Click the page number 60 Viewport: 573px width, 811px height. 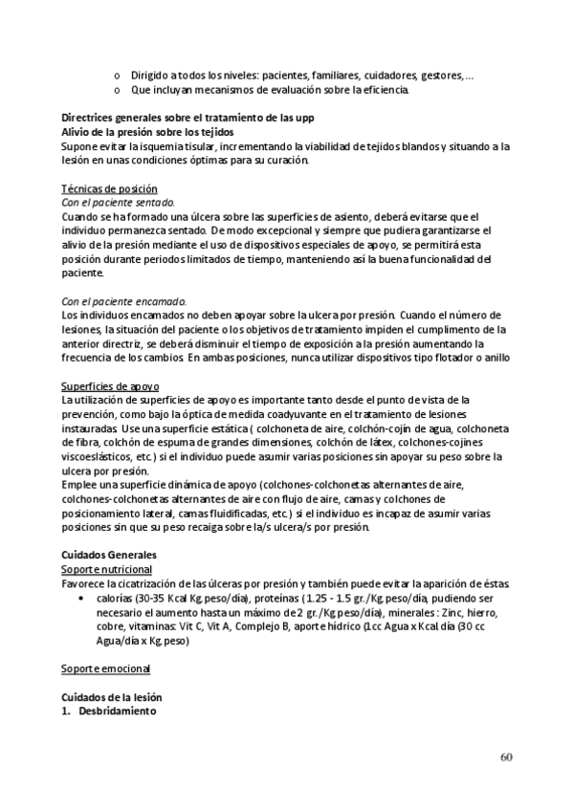[x=506, y=758]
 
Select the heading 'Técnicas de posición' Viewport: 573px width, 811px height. [x=109, y=189]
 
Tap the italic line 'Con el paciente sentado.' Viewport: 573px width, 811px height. [x=118, y=203]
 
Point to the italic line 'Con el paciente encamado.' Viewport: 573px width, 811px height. [x=123, y=301]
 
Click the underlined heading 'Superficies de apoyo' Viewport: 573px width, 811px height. [x=108, y=385]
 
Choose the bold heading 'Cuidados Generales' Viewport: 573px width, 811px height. [x=110, y=555]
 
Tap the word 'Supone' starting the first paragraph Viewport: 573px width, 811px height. [x=78, y=146]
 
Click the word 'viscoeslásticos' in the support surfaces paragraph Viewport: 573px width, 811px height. [x=99, y=456]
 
